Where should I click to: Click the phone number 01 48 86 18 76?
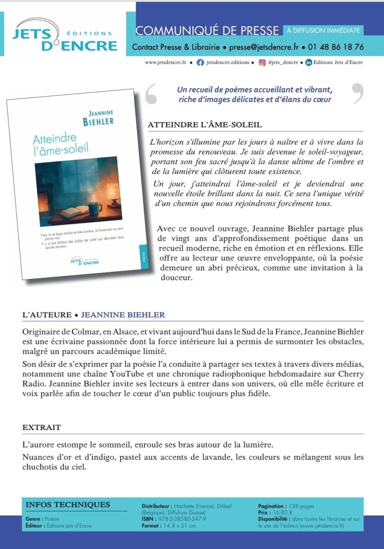click(x=335, y=47)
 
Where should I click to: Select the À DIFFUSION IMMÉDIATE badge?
click(x=323, y=30)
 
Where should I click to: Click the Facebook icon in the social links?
click(x=200, y=62)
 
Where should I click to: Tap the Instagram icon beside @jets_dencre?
click(x=262, y=62)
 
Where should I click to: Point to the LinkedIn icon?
click(x=308, y=62)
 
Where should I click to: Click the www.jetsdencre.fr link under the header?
click(x=165, y=62)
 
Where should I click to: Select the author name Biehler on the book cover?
click(x=98, y=122)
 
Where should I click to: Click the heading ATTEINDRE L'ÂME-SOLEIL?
click(x=205, y=124)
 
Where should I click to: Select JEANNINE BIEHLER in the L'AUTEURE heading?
click(x=123, y=315)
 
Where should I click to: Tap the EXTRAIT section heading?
click(x=41, y=427)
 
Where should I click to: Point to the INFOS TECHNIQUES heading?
click(x=67, y=504)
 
